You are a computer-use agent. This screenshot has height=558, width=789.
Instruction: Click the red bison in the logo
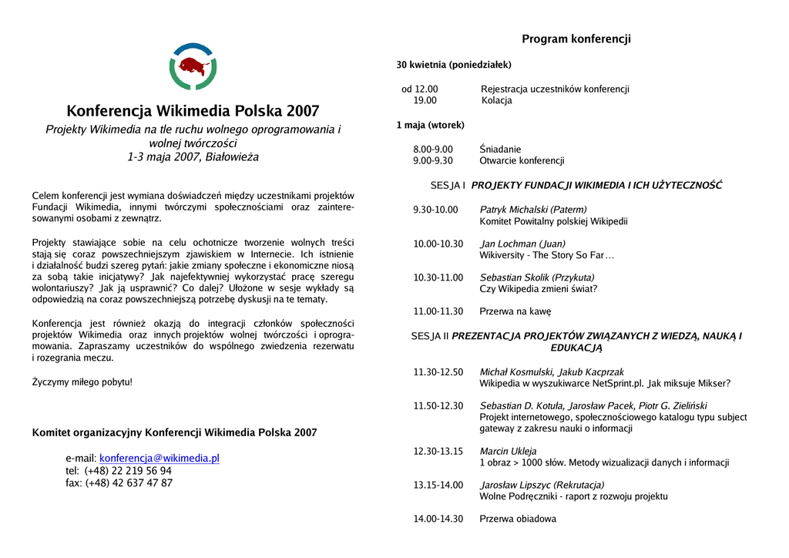pos(192,66)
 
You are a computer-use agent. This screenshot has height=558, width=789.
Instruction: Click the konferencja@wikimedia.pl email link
pos(159,458)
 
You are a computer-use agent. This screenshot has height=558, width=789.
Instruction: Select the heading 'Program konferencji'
pos(576,39)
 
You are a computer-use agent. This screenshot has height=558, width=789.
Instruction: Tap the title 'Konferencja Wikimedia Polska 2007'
pos(193,110)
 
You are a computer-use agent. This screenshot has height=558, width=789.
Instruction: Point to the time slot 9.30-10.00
pos(435,210)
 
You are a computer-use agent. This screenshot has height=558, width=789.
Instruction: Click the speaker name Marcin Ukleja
pos(508,451)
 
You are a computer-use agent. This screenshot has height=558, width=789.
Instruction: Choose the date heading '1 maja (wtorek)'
pos(430,125)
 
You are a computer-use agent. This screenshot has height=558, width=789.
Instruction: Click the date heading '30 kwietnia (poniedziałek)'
pos(454,65)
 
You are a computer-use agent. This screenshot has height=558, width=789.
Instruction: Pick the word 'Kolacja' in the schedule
pos(496,100)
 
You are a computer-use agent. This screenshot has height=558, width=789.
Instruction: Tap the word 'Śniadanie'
pos(500,149)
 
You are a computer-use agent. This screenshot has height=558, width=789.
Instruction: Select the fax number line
pos(119,483)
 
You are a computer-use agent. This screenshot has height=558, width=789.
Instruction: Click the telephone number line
pos(119,471)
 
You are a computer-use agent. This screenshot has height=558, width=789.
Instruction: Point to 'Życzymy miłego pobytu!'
pos(82,382)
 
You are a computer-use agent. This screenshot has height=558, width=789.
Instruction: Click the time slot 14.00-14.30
pos(438,519)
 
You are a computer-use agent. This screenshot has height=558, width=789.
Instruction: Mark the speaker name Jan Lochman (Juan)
pos(522,244)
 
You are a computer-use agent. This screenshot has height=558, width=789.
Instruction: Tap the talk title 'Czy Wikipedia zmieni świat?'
pos(538,289)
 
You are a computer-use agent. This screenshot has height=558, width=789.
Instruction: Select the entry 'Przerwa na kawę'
pos(515,311)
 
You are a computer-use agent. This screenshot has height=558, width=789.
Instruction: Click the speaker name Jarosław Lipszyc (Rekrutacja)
pos(542,485)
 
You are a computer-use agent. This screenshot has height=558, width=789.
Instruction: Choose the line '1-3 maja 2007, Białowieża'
pos(193,157)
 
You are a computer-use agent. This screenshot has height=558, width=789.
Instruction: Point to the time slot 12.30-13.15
pos(438,451)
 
